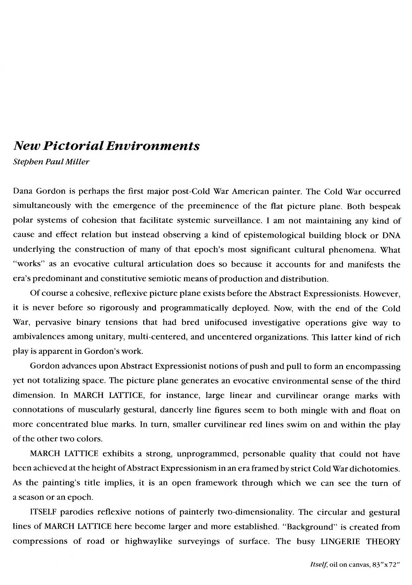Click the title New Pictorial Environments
(106, 145)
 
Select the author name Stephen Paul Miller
(51, 162)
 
